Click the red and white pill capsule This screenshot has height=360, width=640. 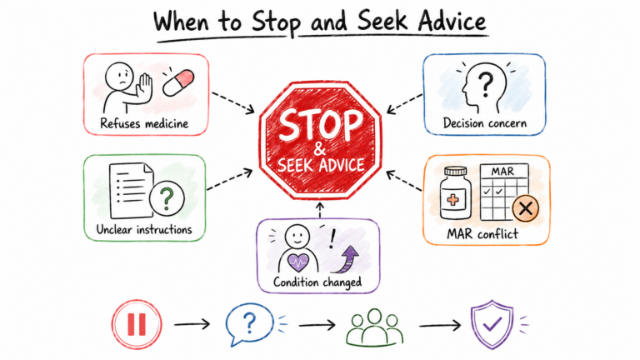178,82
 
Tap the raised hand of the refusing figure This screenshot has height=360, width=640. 143,87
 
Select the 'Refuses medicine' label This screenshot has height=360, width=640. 144,123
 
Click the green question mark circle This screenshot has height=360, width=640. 167,199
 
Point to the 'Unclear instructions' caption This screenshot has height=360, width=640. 144,229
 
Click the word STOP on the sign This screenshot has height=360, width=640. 320,124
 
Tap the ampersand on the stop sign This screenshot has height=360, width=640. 320,148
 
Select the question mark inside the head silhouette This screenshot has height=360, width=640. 486,83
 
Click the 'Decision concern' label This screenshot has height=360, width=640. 485,122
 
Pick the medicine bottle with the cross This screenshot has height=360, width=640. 455,192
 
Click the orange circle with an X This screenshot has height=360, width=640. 525,208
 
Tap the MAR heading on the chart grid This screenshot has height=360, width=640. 502,172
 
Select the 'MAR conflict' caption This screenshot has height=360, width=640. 482,234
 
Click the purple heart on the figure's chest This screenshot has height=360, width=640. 298,262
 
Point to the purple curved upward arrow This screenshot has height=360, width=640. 346,260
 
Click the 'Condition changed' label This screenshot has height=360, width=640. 317,282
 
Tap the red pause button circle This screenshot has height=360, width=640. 137,324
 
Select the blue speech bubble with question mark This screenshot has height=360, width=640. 249,323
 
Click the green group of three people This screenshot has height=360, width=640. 374,327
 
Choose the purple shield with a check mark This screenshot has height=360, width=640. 492,324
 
